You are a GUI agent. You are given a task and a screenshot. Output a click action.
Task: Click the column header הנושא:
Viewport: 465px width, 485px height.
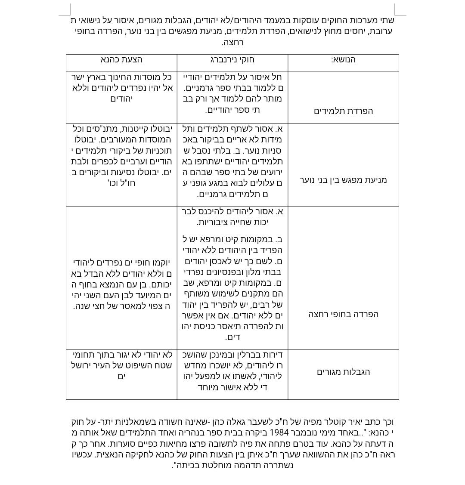click(343, 59)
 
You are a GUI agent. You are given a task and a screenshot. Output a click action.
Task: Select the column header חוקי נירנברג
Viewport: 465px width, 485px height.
click(232, 59)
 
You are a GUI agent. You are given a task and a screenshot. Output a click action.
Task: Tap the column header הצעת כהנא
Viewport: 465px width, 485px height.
click(121, 59)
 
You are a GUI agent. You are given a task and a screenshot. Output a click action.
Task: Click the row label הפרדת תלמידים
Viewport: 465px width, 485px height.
click(343, 111)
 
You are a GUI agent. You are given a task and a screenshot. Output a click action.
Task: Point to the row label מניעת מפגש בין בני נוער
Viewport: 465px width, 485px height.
click(343, 180)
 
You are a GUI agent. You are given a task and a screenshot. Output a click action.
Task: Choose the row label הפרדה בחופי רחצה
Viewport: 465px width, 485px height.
click(343, 314)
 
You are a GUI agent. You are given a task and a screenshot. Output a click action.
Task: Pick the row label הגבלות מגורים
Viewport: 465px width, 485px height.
click(343, 372)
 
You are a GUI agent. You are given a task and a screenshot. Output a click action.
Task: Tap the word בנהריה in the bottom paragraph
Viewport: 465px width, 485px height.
click(187, 432)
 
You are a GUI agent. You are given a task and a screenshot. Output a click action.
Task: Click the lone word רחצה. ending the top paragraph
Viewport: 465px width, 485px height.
click(232, 42)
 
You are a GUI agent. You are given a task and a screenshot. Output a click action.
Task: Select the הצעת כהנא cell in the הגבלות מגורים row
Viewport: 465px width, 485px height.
click(121, 365)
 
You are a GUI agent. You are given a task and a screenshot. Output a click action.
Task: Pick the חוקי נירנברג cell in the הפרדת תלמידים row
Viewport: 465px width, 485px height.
click(232, 93)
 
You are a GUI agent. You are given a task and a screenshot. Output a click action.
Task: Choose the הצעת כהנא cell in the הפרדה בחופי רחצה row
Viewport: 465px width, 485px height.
click(121, 284)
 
